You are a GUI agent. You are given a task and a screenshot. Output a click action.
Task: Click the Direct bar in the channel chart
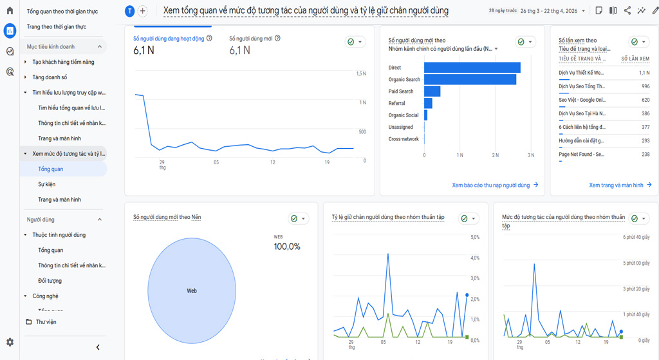pyautogui.click(x=472, y=68)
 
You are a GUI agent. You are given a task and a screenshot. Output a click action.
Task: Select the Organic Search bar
pyautogui.click(x=470, y=80)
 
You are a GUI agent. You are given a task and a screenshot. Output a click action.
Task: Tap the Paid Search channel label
pyautogui.click(x=401, y=91)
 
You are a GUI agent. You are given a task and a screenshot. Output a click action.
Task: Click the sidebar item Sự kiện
pyautogui.click(x=47, y=184)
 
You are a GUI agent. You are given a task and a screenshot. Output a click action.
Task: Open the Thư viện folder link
pyautogui.click(x=46, y=322)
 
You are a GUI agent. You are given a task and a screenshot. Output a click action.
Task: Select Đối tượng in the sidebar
pyautogui.click(x=50, y=281)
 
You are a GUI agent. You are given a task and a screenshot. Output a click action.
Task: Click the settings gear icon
pyautogui.click(x=10, y=343)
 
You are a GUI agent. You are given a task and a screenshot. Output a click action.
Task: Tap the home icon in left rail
pyautogui.click(x=10, y=11)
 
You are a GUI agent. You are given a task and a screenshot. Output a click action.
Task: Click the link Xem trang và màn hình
pyautogui.click(x=616, y=185)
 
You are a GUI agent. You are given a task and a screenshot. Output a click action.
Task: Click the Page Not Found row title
pyautogui.click(x=581, y=155)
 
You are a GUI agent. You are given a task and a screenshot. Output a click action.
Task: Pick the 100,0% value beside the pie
pyautogui.click(x=287, y=247)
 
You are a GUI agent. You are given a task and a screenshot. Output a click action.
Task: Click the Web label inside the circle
pyautogui.click(x=192, y=291)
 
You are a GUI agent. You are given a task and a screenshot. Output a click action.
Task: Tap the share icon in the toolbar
pyautogui.click(x=627, y=11)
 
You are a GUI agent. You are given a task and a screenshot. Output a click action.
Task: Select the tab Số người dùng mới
pyautogui.click(x=251, y=39)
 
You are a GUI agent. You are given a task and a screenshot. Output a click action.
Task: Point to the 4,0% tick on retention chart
pyautogui.click(x=475, y=258)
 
